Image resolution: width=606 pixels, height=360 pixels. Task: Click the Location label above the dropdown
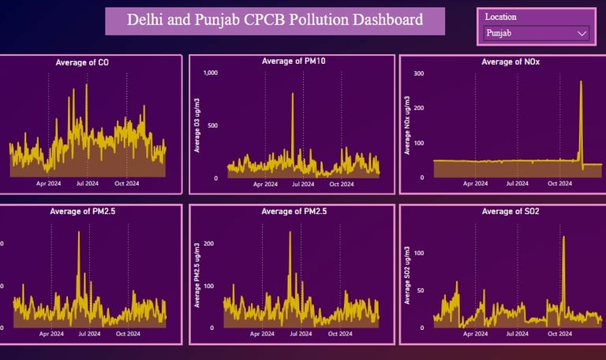500,17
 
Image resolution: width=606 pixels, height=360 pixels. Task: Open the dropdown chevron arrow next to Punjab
582,33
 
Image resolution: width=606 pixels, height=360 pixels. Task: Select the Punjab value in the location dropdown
499,33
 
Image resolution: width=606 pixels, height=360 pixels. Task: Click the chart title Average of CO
82,62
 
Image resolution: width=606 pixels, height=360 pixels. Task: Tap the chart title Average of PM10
291,61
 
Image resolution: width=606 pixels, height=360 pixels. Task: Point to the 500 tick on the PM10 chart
212,126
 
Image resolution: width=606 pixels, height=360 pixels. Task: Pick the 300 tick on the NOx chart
419,73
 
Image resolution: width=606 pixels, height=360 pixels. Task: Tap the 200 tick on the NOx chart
419,108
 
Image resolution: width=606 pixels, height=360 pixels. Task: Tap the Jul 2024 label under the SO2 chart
517,333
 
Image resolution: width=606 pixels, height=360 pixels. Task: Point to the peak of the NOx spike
581,81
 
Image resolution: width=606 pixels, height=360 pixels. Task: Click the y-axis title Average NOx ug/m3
407,125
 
